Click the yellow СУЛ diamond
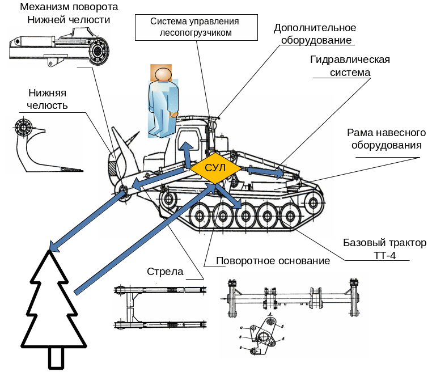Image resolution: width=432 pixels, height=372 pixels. (215, 168)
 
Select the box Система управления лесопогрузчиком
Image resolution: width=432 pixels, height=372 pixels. (194, 27)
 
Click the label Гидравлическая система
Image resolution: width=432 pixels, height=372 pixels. (350, 66)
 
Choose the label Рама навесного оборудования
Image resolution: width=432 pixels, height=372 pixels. (386, 138)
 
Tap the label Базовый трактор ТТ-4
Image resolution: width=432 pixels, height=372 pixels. (384, 249)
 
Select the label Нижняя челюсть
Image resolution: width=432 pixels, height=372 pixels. (48, 99)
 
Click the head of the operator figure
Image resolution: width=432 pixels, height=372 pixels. (163, 75)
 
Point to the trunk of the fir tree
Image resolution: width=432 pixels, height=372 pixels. (56, 357)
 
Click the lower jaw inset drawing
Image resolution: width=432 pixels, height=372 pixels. (44, 145)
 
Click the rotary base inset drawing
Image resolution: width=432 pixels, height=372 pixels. (294, 314)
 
